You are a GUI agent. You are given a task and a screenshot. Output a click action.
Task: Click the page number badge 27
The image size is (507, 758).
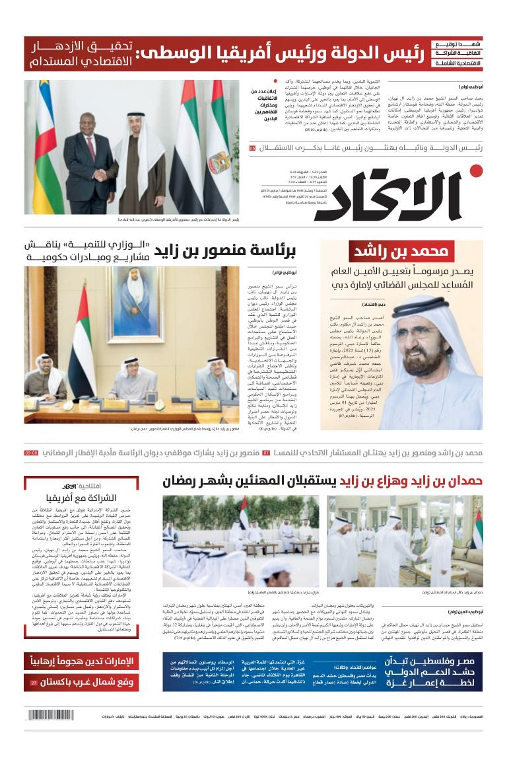coord(33,681)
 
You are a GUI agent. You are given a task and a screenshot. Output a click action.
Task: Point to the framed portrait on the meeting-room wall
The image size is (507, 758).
coord(138,303)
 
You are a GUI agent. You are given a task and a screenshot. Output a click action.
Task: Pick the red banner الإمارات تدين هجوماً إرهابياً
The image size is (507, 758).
coord(81,662)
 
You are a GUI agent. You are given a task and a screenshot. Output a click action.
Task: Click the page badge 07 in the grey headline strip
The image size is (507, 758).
coord(266,453)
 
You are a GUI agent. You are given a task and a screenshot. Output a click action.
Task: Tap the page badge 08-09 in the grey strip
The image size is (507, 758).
coord(32,453)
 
